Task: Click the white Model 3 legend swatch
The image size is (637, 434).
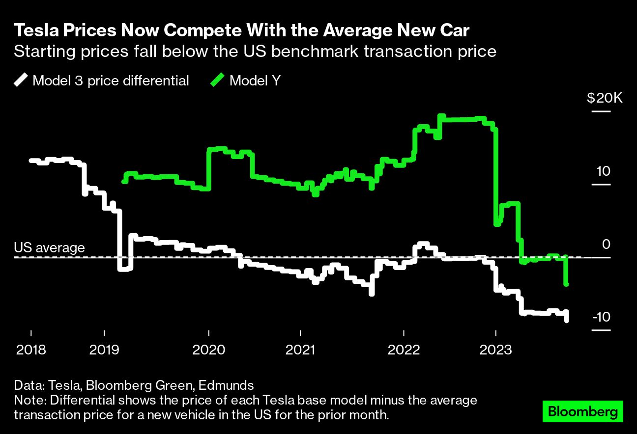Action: [22, 80]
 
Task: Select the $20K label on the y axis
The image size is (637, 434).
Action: [605, 98]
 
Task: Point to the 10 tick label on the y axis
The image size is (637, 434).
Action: [603, 171]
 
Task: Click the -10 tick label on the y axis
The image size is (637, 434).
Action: [602, 317]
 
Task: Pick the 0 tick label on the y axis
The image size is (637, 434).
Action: [606, 244]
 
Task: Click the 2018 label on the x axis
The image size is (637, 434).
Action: [31, 350]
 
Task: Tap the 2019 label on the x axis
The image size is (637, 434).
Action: [104, 350]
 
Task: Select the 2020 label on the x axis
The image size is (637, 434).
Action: [209, 350]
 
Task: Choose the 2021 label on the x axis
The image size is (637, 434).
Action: [301, 350]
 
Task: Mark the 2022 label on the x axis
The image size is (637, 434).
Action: [404, 350]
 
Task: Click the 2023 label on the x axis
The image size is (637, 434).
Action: [496, 350]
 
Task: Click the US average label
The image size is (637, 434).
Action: [49, 247]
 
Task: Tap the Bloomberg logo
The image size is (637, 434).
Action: [583, 411]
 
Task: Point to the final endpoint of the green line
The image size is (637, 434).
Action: [567, 284]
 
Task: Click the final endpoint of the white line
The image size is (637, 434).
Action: [567, 321]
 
